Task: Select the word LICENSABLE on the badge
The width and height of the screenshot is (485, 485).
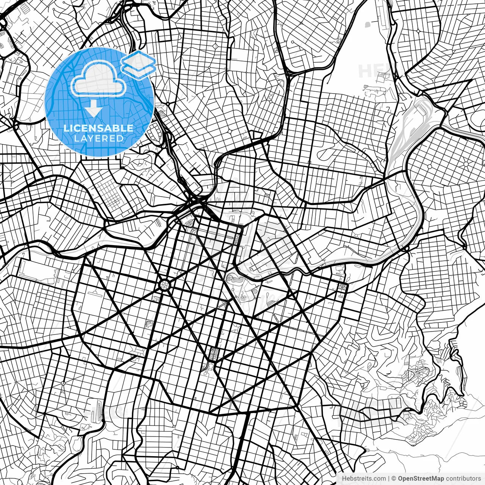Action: [98, 128]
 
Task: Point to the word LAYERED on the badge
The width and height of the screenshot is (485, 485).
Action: [99, 139]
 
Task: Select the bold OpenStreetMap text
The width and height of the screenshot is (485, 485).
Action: [421, 479]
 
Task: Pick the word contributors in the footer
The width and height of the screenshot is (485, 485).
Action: [463, 479]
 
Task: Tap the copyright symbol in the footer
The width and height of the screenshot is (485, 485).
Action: [394, 479]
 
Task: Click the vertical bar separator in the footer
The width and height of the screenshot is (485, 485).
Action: [389, 479]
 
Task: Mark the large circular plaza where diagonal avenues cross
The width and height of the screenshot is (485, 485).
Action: [164, 285]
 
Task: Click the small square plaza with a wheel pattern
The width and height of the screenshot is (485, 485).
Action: [343, 286]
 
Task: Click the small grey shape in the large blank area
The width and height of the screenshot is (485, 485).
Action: [367, 25]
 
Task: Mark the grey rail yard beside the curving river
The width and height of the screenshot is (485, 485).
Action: [405, 125]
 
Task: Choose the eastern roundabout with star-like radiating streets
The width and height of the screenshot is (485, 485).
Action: [466, 164]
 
